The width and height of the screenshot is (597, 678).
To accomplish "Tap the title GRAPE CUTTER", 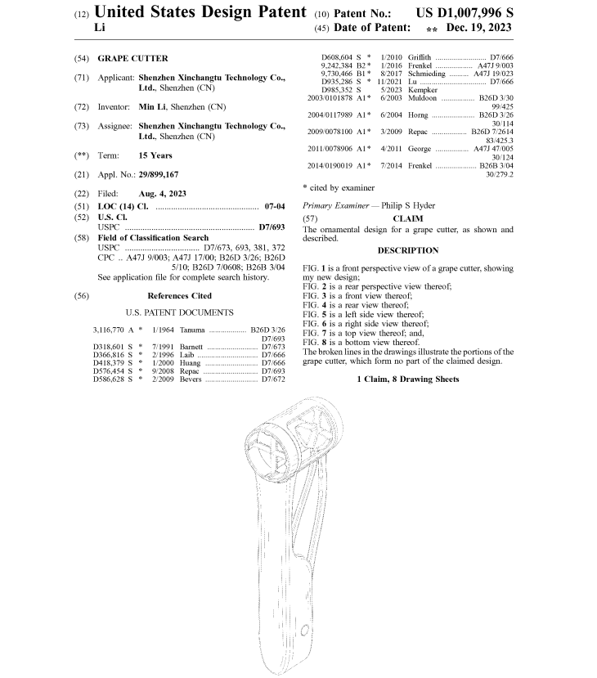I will coord(132,58).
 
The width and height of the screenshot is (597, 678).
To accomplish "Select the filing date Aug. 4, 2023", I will coord(162,193).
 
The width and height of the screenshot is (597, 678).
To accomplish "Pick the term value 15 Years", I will coord(155,155).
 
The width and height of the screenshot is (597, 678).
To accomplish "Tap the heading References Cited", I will coord(179,296).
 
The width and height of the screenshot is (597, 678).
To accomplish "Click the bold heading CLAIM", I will coord(407,218).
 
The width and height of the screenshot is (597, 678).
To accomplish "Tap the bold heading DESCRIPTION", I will coord(407,250).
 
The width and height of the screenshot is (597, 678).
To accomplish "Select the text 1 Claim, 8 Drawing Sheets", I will coord(407,379).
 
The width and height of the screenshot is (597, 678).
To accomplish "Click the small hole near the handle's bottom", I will coord(304,631).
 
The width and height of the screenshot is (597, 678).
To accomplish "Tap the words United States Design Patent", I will coord(201,13).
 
